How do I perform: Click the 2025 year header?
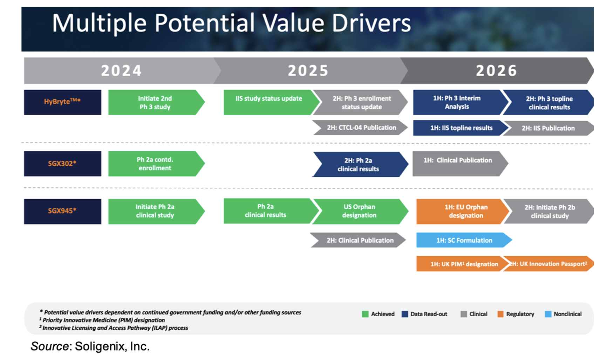[x=308, y=71]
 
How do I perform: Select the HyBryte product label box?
[x=63, y=102]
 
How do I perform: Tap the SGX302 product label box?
[x=63, y=164]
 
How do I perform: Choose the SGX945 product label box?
[x=63, y=212]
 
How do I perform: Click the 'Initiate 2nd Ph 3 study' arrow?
[x=156, y=102]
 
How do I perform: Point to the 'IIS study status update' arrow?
[x=272, y=102]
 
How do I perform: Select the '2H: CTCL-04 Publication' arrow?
[x=360, y=128]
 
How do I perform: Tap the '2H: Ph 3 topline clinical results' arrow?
[x=548, y=102]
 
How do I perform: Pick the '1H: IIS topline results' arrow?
[x=460, y=128]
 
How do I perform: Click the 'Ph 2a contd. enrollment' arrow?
[x=156, y=164]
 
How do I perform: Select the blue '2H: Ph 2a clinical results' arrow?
[x=360, y=164]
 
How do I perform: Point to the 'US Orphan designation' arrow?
[x=360, y=212]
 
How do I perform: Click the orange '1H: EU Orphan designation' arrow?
[x=463, y=212]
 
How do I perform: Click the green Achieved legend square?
[x=365, y=314]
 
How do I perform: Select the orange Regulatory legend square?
[x=500, y=314]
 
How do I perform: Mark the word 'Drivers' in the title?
[x=371, y=23]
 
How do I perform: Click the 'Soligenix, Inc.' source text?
[x=112, y=346]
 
